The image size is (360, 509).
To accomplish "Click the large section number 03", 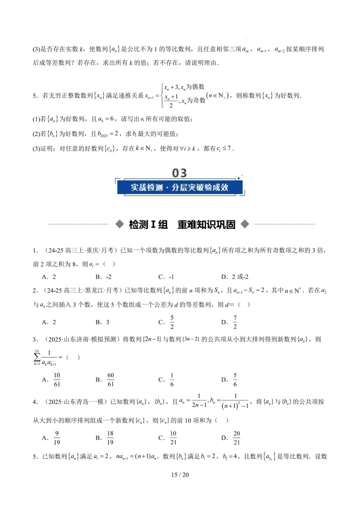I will click(x=179, y=173).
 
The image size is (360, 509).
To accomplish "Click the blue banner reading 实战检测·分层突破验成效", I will click(x=179, y=187).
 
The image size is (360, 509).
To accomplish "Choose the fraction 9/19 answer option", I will click(x=57, y=438).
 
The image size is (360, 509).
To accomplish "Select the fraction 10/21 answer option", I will click(x=173, y=438).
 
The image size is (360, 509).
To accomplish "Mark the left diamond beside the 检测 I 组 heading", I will click(x=118, y=224).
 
